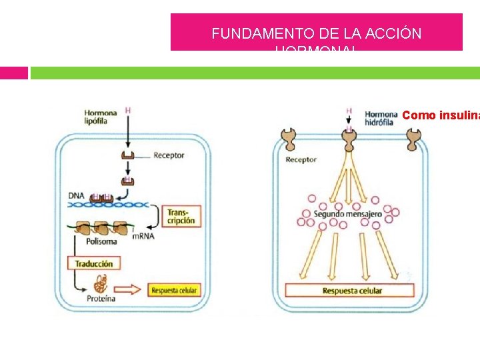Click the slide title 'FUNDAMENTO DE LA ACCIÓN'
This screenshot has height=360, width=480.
pyautogui.click(x=317, y=34)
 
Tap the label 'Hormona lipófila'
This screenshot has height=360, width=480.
pyautogui.click(x=101, y=117)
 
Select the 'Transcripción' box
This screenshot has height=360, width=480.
pyautogui.click(x=181, y=216)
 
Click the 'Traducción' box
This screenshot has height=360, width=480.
pyautogui.click(x=93, y=263)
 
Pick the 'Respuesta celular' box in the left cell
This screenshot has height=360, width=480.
pyautogui.click(x=175, y=290)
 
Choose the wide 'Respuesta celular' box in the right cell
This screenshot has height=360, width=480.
pyautogui.click(x=352, y=291)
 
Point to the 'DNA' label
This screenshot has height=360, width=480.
pyautogui.click(x=76, y=195)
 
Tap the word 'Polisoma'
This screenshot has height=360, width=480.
pyautogui.click(x=89, y=242)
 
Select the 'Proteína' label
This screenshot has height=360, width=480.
pyautogui.click(x=101, y=299)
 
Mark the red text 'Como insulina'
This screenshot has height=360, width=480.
pyautogui.click(x=440, y=115)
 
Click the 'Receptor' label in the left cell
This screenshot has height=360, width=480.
pyautogui.click(x=169, y=156)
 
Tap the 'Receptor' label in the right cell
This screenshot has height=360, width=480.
pyautogui.click(x=301, y=160)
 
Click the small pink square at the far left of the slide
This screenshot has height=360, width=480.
pyautogui.click(x=13, y=73)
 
